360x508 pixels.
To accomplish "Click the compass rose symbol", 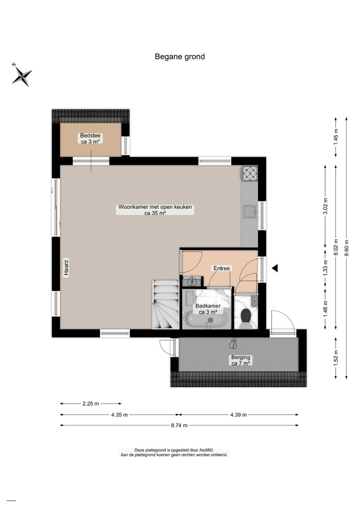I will [x=22, y=76].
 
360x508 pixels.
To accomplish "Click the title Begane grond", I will [x=179, y=56].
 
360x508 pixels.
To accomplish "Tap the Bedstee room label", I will [x=91, y=138].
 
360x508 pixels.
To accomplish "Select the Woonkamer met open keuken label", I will [x=155, y=210].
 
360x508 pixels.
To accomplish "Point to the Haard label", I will [x=65, y=268].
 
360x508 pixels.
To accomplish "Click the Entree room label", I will [x=221, y=268].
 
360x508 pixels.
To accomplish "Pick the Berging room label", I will [x=240, y=360].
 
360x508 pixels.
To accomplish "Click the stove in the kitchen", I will [x=249, y=173].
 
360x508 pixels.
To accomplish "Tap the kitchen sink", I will [x=249, y=211].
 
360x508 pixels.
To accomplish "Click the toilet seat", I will [x=245, y=316].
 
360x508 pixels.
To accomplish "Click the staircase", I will [x=165, y=305].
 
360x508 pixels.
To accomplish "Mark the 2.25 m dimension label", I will [x=90, y=404].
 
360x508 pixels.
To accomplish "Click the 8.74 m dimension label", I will [x=178, y=426].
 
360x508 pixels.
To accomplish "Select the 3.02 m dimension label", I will [x=325, y=206].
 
